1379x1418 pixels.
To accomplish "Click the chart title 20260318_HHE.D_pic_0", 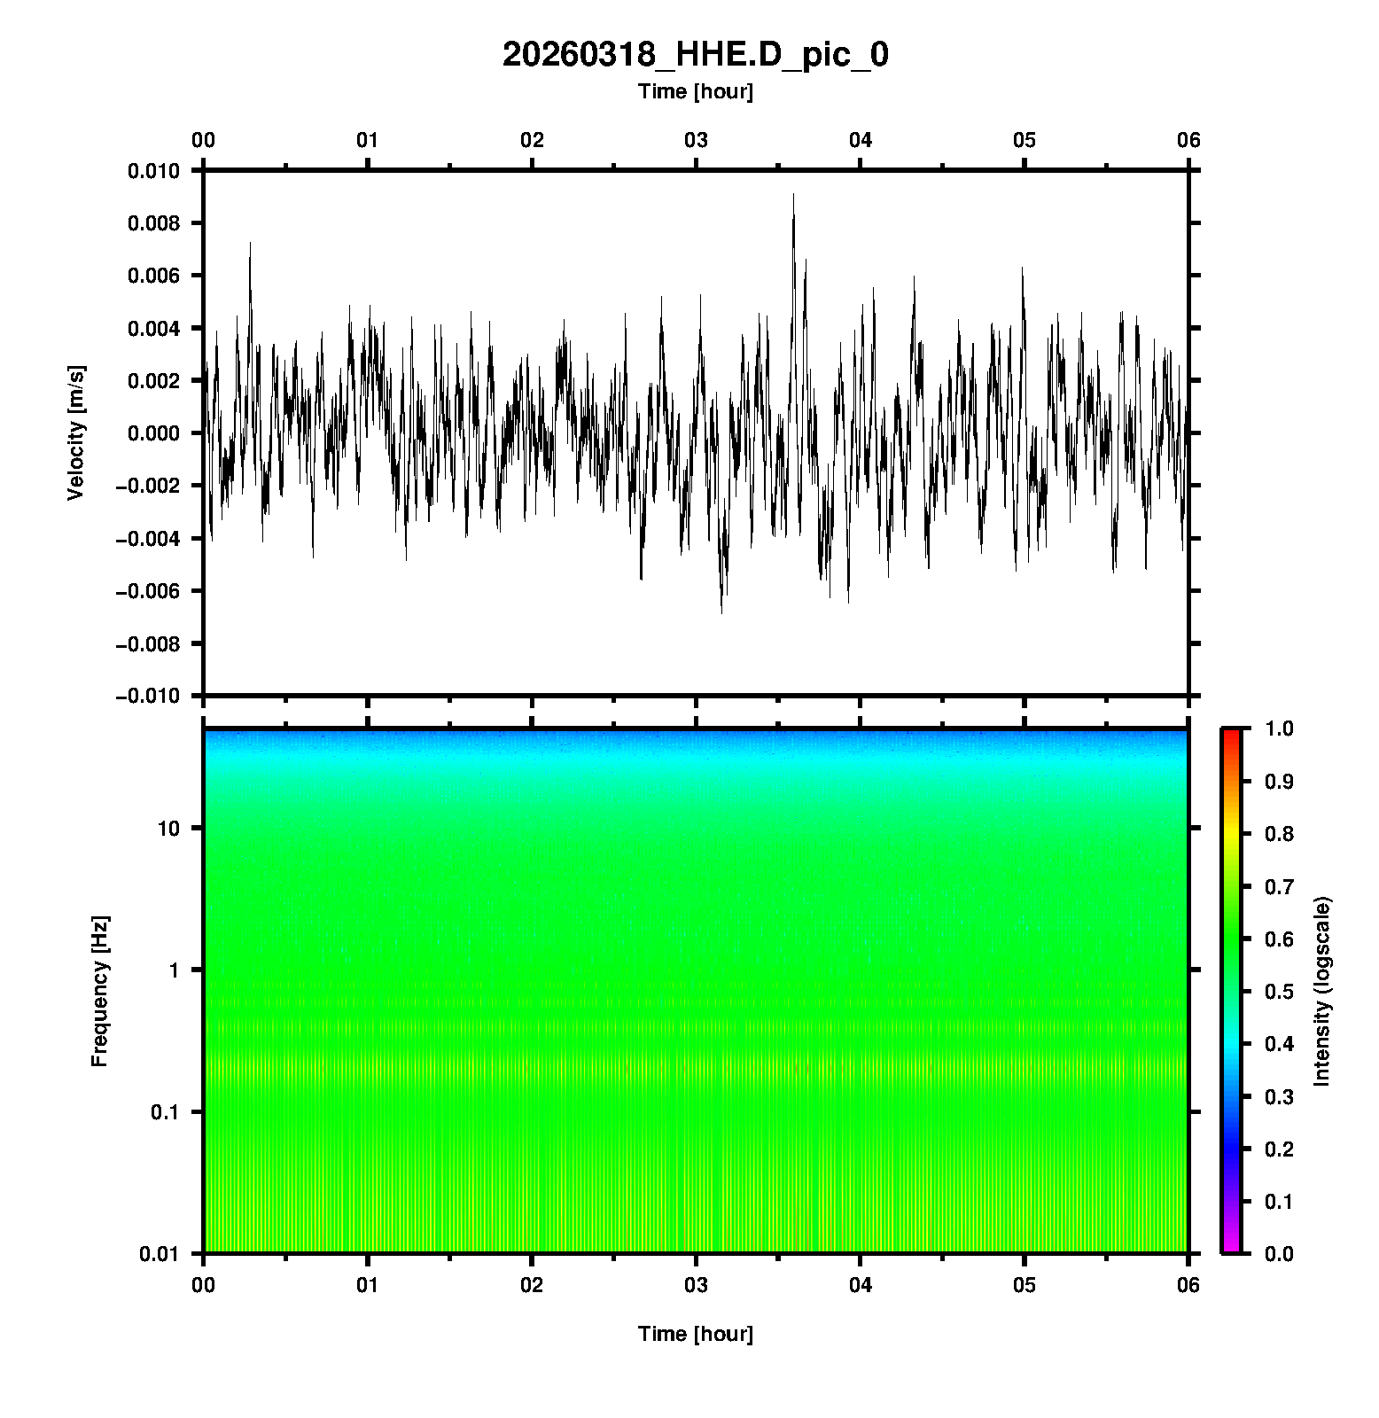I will [x=695, y=55].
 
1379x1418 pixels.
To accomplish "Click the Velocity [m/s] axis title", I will [x=77, y=432].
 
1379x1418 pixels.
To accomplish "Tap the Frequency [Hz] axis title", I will [x=99, y=991].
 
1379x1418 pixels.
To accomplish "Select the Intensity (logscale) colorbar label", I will [x=1322, y=991].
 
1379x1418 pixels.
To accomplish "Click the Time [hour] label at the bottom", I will [x=695, y=1334].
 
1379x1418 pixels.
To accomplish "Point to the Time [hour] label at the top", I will [x=695, y=91].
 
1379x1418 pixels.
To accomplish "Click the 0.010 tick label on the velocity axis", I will [x=153, y=171].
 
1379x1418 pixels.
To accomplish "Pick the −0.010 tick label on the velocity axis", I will [x=147, y=697].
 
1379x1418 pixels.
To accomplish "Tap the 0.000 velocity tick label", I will [x=153, y=433].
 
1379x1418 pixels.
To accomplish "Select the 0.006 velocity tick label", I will [x=153, y=277].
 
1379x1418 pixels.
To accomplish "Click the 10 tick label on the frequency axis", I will [x=168, y=829].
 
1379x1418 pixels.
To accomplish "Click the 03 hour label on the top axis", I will [x=696, y=140].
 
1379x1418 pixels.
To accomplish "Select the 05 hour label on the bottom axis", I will [x=1025, y=1285].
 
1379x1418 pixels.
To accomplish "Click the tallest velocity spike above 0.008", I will [x=793, y=195].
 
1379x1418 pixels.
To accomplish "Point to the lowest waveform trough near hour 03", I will [x=721, y=612].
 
